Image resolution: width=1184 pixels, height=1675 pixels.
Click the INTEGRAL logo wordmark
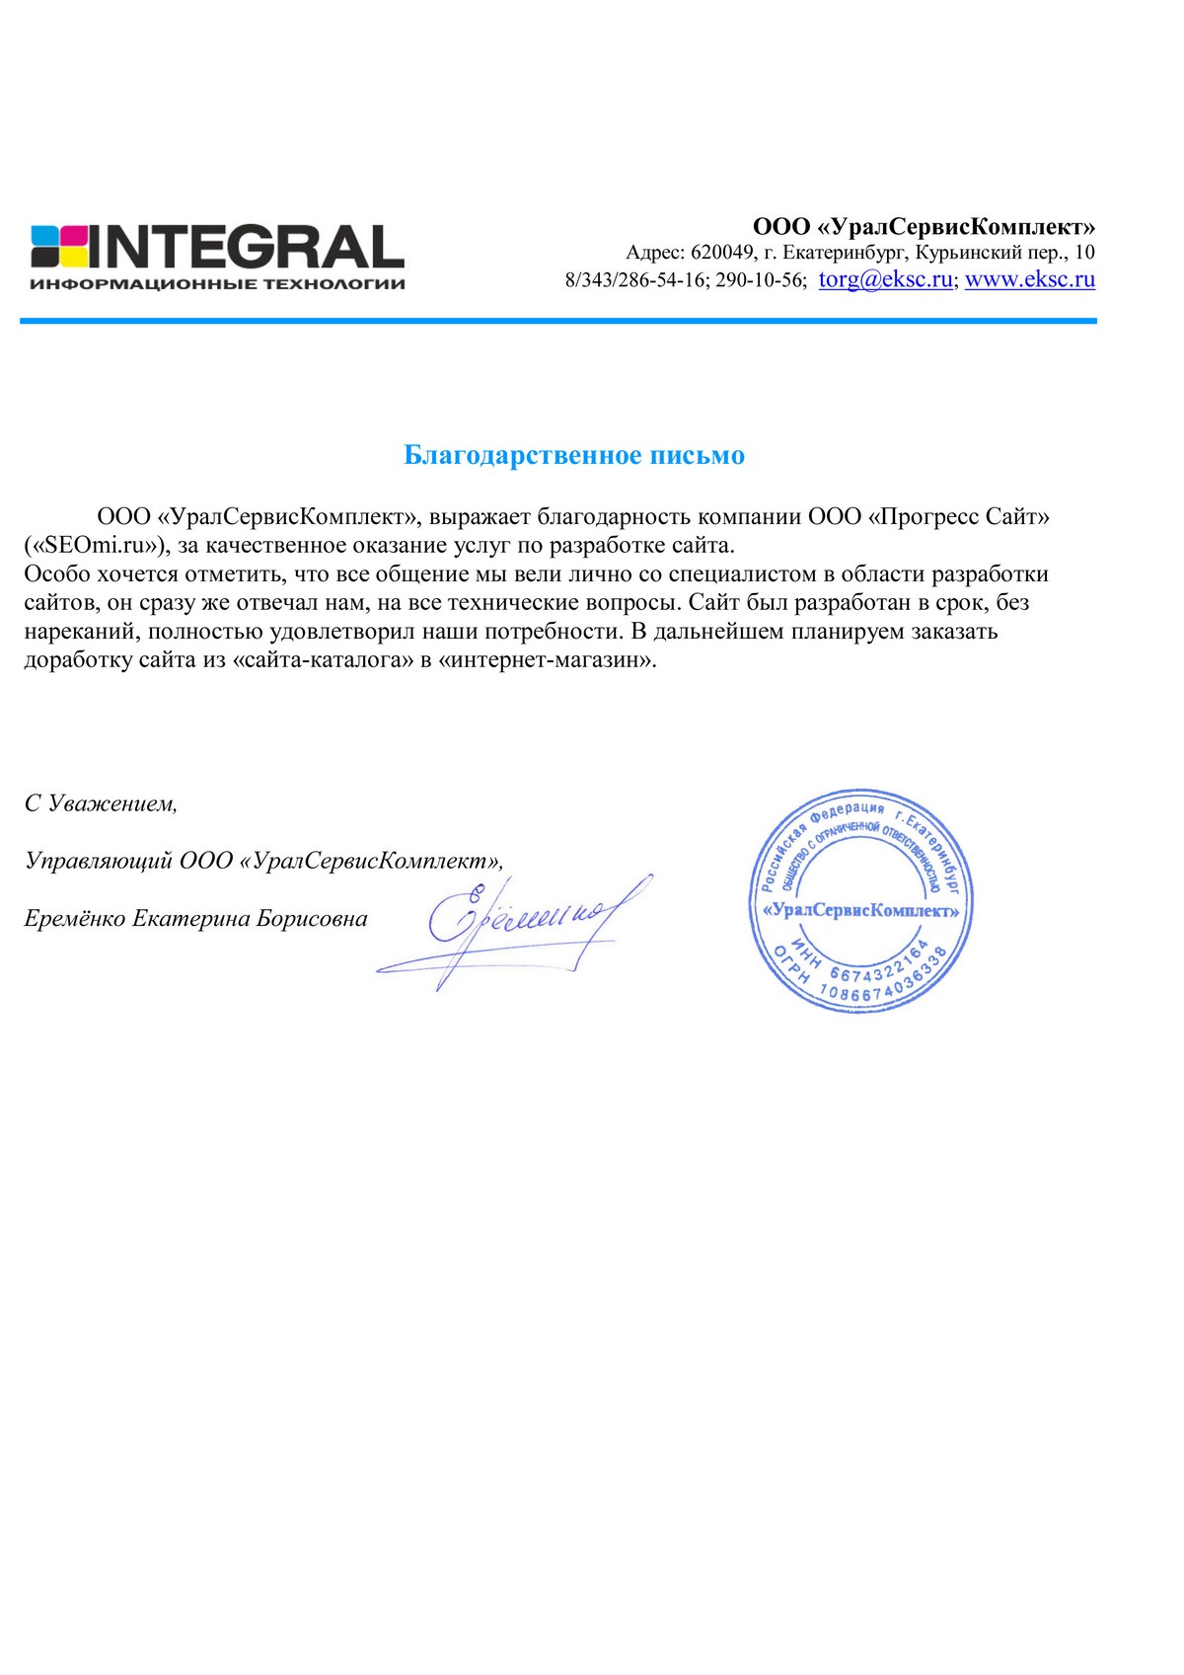point(247,247)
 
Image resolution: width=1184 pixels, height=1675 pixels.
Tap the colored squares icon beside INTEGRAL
point(60,247)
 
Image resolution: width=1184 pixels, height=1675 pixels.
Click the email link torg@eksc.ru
point(885,279)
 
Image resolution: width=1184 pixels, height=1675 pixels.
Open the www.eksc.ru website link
point(1030,279)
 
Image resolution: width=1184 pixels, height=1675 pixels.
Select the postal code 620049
point(722,253)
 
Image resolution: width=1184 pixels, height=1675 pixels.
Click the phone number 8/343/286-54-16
point(636,280)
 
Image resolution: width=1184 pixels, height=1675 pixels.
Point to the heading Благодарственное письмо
point(574,455)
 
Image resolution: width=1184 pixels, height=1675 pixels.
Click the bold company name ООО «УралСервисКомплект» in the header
point(924,227)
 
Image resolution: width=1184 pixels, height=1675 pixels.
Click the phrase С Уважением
point(101,803)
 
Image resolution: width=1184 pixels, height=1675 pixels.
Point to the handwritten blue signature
point(523,923)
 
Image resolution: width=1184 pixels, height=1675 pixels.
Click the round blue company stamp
point(860,899)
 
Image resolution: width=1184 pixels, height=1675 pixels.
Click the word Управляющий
point(99,861)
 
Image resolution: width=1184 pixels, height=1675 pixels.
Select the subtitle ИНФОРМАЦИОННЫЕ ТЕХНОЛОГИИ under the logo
point(217,284)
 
